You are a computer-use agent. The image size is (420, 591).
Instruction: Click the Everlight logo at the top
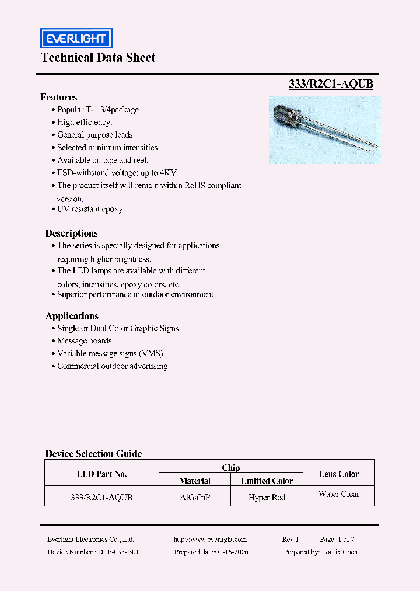coord(76,39)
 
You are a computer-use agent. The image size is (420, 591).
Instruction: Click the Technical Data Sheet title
coord(98,58)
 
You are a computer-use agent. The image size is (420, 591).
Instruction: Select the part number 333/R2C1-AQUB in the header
coord(331,84)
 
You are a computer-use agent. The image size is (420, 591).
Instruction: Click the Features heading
coord(59,98)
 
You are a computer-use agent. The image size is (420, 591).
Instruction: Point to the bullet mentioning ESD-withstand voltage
coord(117,173)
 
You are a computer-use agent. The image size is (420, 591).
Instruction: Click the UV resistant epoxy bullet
coord(90,209)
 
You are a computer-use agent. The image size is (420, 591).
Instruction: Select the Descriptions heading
coord(72,233)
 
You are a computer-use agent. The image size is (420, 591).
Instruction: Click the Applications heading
coord(72,316)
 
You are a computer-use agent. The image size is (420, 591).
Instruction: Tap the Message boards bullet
coord(85,341)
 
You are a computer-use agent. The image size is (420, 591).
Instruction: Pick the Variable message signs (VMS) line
coord(110,353)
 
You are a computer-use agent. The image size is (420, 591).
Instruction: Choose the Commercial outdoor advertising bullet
coord(112,366)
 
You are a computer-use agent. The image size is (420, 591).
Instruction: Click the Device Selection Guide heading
coord(93,454)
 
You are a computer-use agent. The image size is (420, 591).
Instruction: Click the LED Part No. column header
coord(101,474)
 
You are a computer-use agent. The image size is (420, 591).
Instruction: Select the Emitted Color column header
coord(267,481)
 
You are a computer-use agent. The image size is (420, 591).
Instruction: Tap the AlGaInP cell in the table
coord(195,497)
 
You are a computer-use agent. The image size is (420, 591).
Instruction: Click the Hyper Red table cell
coord(267,497)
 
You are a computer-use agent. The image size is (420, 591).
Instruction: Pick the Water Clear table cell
coord(338,494)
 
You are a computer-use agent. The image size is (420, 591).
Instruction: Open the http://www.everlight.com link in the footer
coord(210,540)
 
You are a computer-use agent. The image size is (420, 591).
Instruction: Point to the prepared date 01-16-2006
coord(211,552)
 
